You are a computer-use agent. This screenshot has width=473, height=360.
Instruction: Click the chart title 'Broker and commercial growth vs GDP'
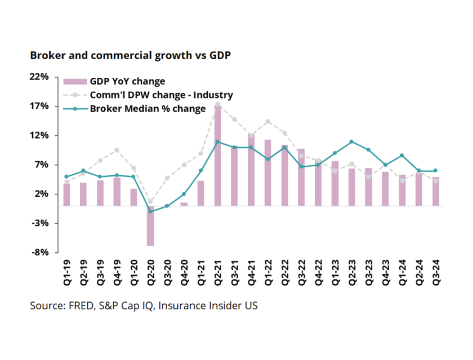(x=131, y=55)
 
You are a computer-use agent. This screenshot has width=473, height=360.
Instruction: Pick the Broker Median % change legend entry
(x=148, y=109)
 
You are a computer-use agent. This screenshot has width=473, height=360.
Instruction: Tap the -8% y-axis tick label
(x=42, y=252)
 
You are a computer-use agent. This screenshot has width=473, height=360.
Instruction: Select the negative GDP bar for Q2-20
(x=150, y=225)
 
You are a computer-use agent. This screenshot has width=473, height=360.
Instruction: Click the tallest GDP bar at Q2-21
(x=217, y=155)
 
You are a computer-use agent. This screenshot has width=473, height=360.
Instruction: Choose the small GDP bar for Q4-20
(x=184, y=204)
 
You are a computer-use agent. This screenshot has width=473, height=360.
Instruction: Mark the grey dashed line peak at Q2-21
(x=217, y=104)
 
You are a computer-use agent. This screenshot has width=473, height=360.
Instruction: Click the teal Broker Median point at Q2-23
(x=351, y=142)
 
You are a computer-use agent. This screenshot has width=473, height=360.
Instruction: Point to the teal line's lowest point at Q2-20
(x=150, y=211)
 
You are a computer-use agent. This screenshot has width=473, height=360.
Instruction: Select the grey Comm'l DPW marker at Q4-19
(x=117, y=150)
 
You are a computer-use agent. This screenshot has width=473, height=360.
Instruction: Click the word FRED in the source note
(x=76, y=306)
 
